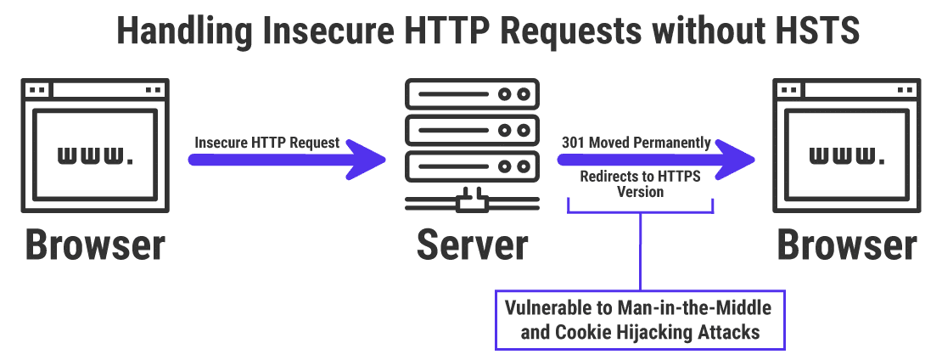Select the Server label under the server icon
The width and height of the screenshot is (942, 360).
pyautogui.click(x=472, y=245)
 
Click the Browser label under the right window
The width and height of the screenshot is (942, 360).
pyautogui.click(x=847, y=245)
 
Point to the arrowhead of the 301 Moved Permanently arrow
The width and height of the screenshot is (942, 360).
pyautogui.click(x=742, y=159)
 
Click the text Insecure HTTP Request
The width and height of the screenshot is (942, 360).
pyautogui.click(x=267, y=143)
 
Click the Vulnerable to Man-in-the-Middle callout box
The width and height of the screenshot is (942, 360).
pyautogui.click(x=640, y=319)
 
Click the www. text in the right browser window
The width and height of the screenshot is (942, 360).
pyautogui.click(x=847, y=155)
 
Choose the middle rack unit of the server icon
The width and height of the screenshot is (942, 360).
pyautogui.click(x=472, y=130)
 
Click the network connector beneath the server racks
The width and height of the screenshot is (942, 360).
pyautogui.click(x=472, y=203)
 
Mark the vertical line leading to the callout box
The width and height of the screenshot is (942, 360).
pyautogui.click(x=640, y=250)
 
